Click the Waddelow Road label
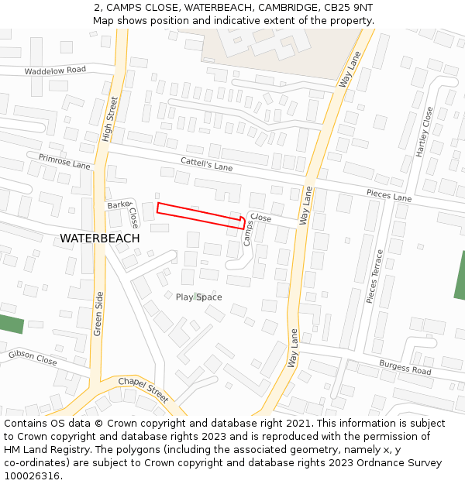(55, 70)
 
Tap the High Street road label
(109, 118)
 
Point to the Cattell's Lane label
(206, 165)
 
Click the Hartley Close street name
(425, 132)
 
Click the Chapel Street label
(143, 390)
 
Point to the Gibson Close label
(33, 357)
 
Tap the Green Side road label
(98, 314)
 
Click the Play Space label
(198, 297)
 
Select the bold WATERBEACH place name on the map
(100, 239)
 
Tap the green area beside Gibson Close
(10, 324)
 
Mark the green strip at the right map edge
(460, 275)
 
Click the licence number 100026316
(32, 475)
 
